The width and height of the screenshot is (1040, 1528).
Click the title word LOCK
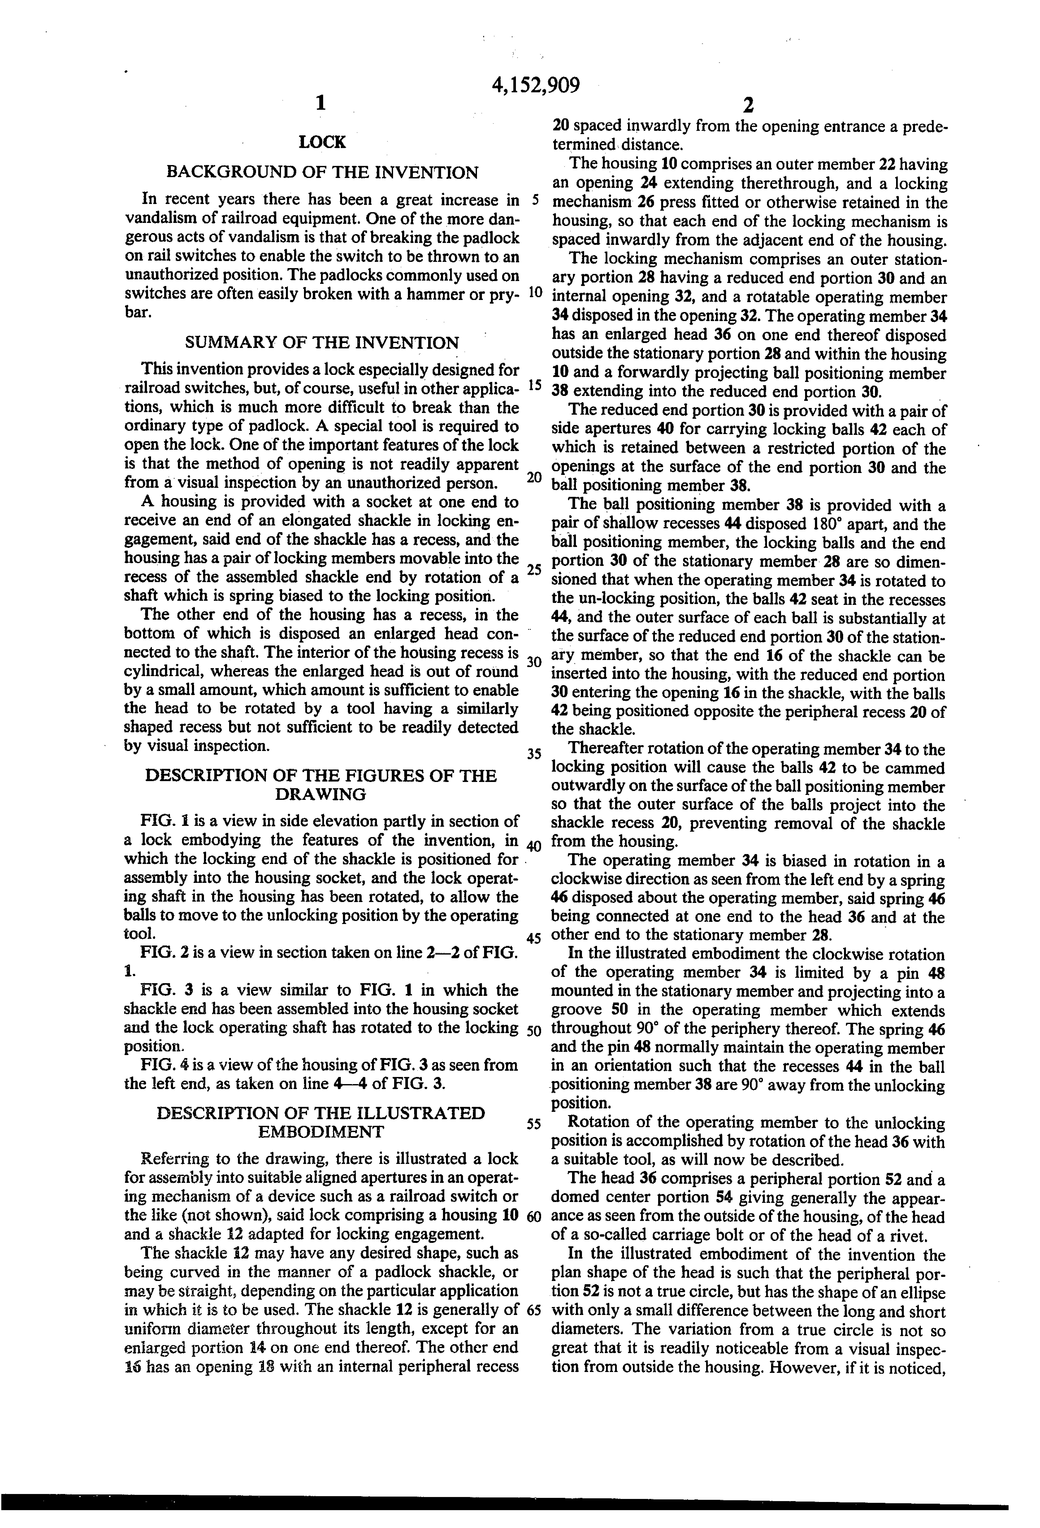[x=321, y=142]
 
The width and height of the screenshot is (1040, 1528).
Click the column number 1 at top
[x=320, y=103]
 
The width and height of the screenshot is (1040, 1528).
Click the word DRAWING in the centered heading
[x=321, y=794]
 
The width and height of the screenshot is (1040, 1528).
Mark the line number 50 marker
[x=533, y=1030]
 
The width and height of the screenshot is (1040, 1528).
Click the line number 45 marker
[x=533, y=938]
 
